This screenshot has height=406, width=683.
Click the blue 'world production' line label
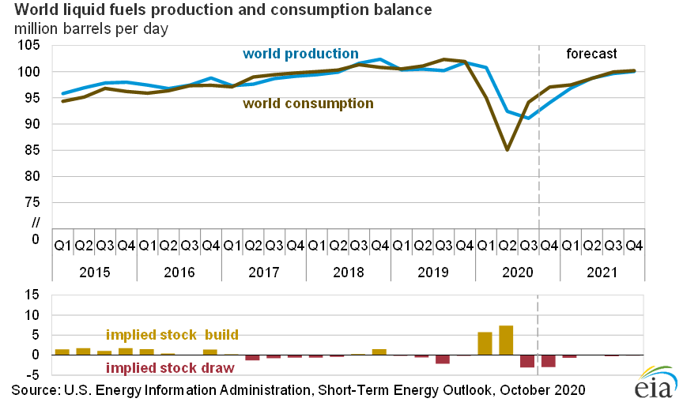tap(300, 54)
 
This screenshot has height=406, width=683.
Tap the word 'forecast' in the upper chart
tap(591, 54)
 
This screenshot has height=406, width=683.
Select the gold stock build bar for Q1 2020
tap(485, 344)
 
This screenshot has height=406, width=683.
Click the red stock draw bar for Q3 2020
tap(527, 361)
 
